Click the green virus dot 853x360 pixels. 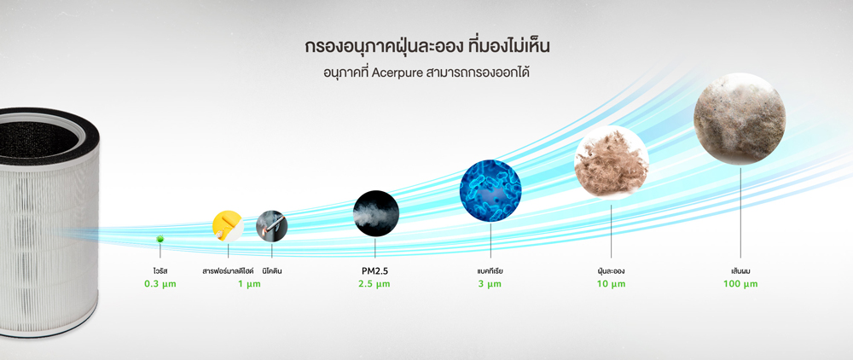[x=160, y=239]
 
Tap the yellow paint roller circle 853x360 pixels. [x=228, y=226]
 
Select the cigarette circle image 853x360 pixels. [x=271, y=226]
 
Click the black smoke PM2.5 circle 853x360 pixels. [x=376, y=212]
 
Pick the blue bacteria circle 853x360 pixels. [x=490, y=190]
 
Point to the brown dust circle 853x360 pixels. [x=612, y=162]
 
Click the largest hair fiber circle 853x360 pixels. [x=740, y=119]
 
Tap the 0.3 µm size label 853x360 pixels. [x=160, y=284]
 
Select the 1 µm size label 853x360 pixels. [x=249, y=284]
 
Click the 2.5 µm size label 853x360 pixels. [x=374, y=284]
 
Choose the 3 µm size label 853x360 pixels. [x=490, y=284]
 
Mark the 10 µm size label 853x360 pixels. [x=611, y=284]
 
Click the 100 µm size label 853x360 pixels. [x=740, y=284]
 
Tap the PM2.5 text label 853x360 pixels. [x=374, y=270]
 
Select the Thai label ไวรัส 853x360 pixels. [x=160, y=270]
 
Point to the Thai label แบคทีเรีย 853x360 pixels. [x=490, y=270]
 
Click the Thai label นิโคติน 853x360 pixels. [x=272, y=270]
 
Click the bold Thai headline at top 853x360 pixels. [x=427, y=47]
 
